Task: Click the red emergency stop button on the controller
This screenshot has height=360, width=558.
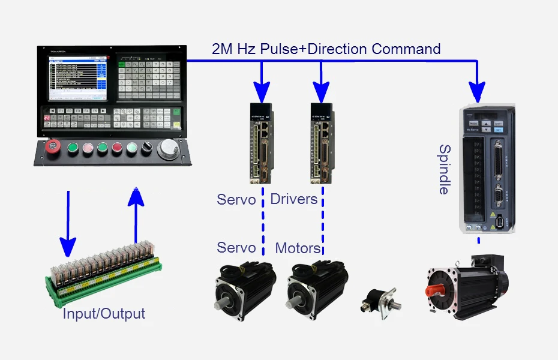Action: [54, 147]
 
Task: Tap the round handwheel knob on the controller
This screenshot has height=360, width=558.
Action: [168, 148]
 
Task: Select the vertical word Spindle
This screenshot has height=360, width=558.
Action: [444, 169]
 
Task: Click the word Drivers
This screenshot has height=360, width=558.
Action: [294, 199]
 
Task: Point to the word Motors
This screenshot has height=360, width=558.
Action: [298, 248]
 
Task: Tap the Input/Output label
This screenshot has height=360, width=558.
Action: [104, 313]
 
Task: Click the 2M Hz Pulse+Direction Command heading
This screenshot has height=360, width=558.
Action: [326, 49]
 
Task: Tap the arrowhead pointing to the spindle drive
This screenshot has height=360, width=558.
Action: [478, 92]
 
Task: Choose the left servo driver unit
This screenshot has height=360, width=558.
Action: [261, 143]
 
